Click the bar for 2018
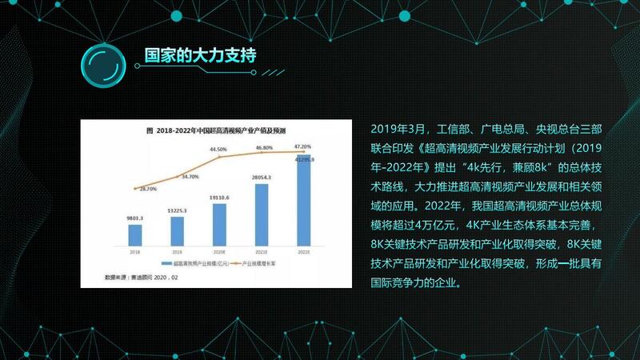135,235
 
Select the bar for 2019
177,231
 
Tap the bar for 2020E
219,225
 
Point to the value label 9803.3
134,218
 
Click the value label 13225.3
177,210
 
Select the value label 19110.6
219,197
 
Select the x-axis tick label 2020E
219,250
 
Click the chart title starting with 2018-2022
215,130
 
